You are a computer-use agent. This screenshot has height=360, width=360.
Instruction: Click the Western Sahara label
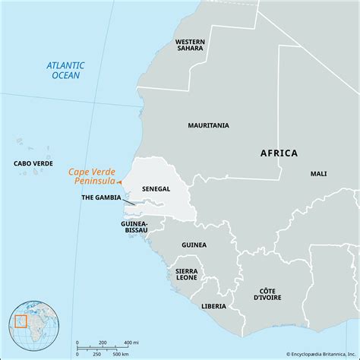pyautogui.click(x=189, y=46)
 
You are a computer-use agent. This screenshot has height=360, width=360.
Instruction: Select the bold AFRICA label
pyautogui.click(x=279, y=153)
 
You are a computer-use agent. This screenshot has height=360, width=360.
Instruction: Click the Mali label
pyautogui.click(x=319, y=174)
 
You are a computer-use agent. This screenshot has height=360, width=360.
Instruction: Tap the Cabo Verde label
pyautogui.click(x=33, y=163)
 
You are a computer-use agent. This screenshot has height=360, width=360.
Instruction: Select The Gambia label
pyautogui.click(x=103, y=197)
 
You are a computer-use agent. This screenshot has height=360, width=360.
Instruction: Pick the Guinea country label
pyautogui.click(x=194, y=245)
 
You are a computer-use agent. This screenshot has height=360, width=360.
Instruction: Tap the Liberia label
pyautogui.click(x=214, y=306)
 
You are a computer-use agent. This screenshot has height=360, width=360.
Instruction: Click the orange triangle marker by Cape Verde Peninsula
pyautogui.click(x=118, y=182)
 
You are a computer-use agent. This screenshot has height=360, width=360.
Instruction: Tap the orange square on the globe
pyautogui.click(x=20, y=322)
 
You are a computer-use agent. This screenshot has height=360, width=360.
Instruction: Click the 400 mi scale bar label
pyautogui.click(x=129, y=342)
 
